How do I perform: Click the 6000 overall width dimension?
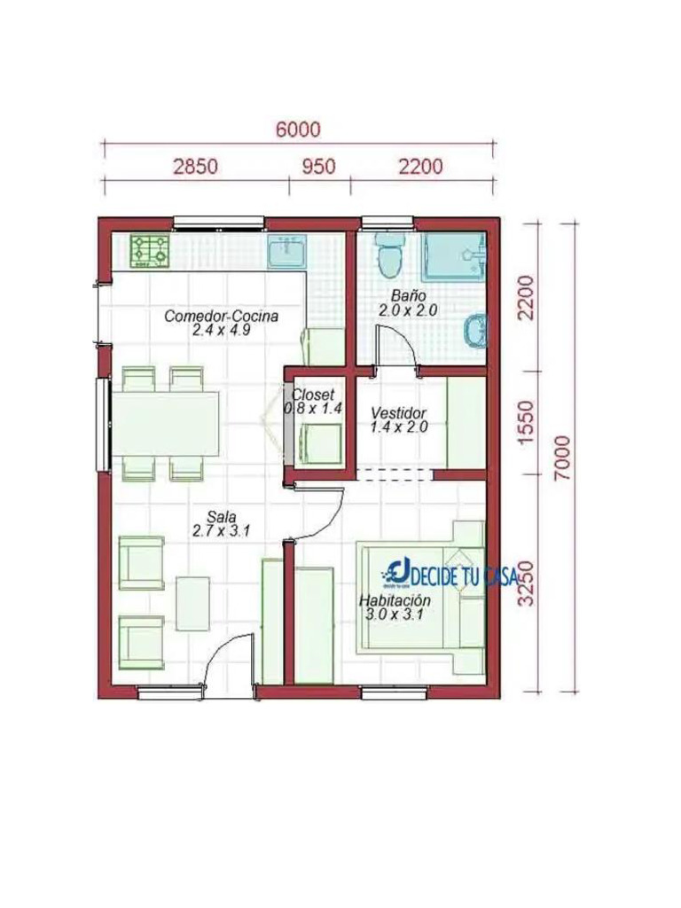pyautogui.click(x=298, y=129)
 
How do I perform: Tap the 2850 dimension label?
pyautogui.click(x=196, y=166)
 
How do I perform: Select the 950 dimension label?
pyautogui.click(x=318, y=166)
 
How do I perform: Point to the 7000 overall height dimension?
pyautogui.click(x=561, y=458)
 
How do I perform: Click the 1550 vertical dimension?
pyautogui.click(x=527, y=423)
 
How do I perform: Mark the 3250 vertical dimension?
pyautogui.click(x=527, y=583)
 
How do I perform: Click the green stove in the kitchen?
pyautogui.click(x=149, y=250)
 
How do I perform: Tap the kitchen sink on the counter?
pyautogui.click(x=286, y=252)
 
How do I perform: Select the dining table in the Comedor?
pyautogui.click(x=166, y=424)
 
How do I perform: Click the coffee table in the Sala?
pyautogui.click(x=192, y=603)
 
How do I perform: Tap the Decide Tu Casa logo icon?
pyautogui.click(x=397, y=572)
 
